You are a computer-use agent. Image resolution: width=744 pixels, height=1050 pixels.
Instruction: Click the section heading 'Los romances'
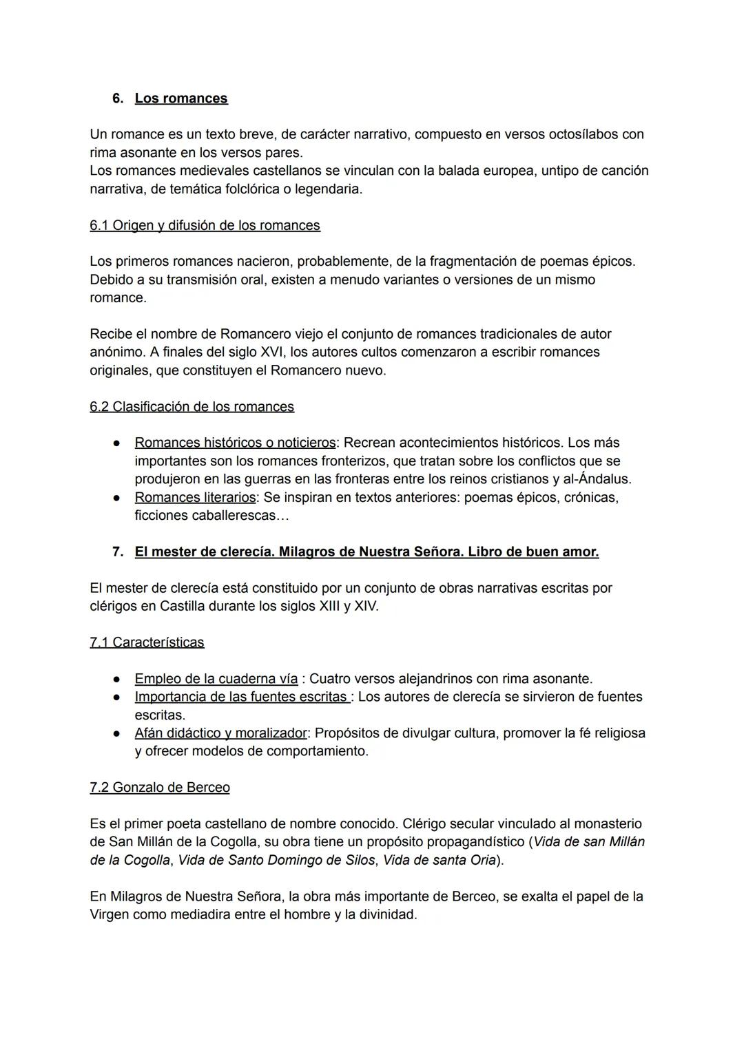[x=180, y=98]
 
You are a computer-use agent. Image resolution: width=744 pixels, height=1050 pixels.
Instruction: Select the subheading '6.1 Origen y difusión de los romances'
[x=205, y=225]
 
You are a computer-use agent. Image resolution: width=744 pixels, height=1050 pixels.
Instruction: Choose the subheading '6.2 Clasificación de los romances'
[x=192, y=406]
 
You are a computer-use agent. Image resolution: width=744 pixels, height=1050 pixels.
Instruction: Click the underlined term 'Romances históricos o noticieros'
[x=235, y=442]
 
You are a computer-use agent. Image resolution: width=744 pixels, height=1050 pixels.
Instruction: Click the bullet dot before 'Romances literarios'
[x=118, y=497]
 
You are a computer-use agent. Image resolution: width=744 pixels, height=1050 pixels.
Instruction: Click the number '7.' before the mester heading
[x=118, y=552]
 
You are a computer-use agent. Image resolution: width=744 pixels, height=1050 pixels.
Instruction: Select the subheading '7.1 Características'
[x=147, y=642]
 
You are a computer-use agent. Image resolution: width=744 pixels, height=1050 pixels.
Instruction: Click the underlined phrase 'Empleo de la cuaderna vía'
[x=216, y=679]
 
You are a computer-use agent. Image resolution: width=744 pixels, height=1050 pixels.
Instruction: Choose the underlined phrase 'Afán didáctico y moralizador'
[x=220, y=733]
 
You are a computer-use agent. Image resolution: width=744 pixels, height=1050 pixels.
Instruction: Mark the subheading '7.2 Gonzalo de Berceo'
[x=160, y=787]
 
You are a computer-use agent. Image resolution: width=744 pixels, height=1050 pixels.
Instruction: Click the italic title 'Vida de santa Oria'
[x=439, y=860]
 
